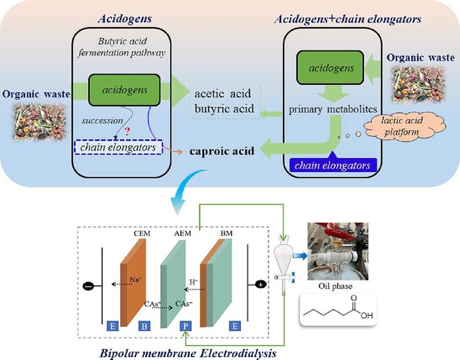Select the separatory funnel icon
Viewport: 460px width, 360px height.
(284, 264)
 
